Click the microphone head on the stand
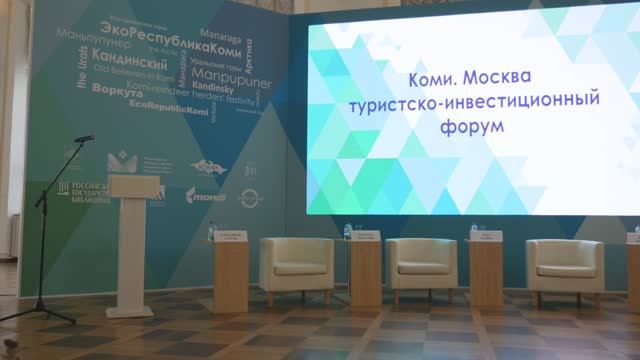[84, 138]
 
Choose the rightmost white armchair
[565, 270]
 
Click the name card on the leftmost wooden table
[230, 240]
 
